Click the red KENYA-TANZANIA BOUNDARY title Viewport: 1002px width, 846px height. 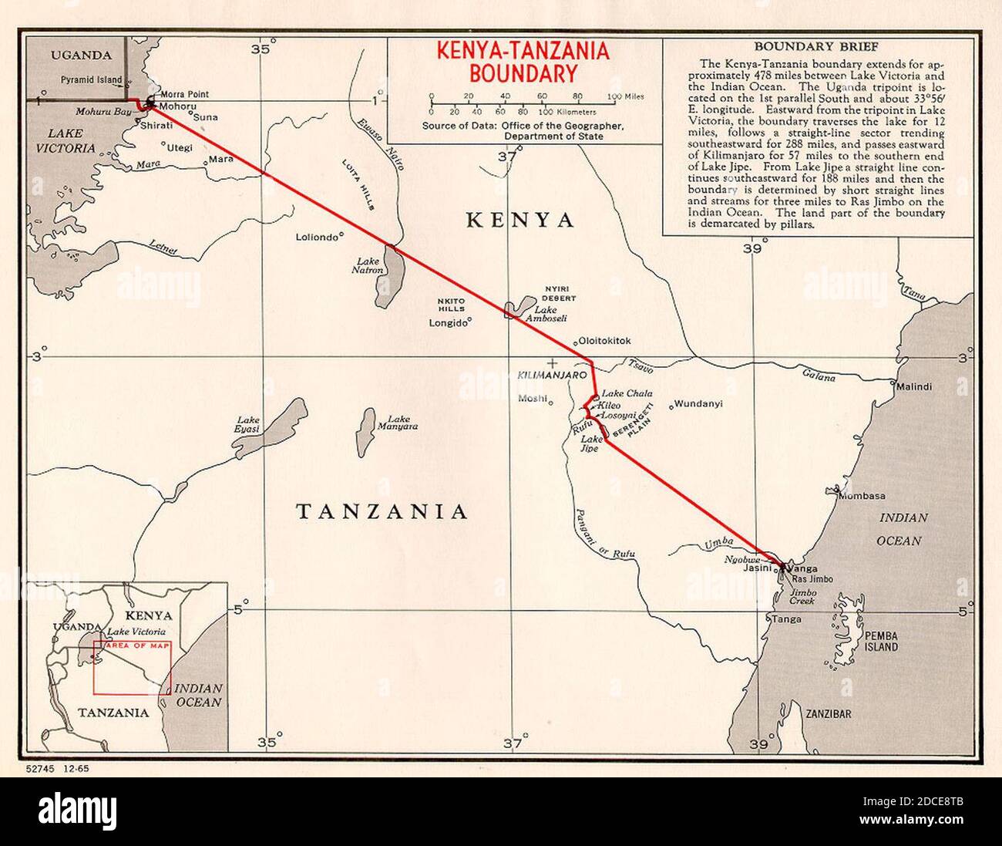[523, 62]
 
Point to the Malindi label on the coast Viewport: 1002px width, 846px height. [914, 386]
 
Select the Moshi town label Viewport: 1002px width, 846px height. [532, 398]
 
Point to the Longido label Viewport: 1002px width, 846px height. [448, 323]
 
